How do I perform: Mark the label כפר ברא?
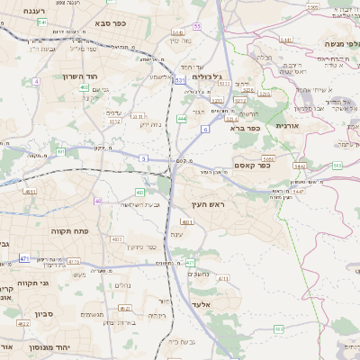[247, 128]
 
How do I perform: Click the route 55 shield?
[196, 26]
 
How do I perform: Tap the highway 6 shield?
[204, 130]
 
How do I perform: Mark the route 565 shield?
[337, 166]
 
